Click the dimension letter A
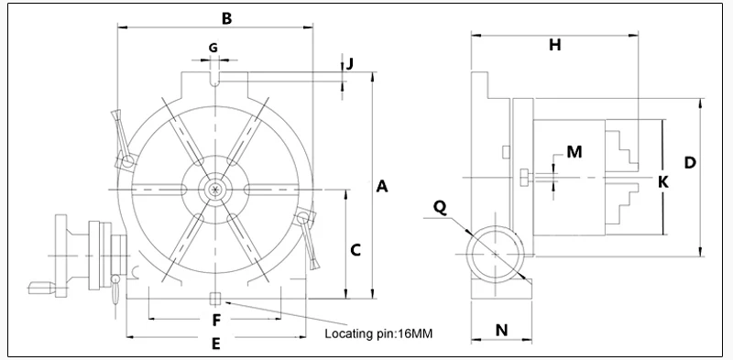pyautogui.click(x=383, y=187)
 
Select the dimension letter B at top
pyautogui.click(x=227, y=17)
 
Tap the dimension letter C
pyautogui.click(x=357, y=248)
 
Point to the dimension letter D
pyautogui.click(x=691, y=162)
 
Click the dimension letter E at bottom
pyautogui.click(x=215, y=344)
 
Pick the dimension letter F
pyautogui.click(x=216, y=321)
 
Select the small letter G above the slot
pyautogui.click(x=213, y=47)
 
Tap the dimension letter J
pyautogui.click(x=350, y=63)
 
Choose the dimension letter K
pyautogui.click(x=663, y=181)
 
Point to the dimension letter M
pyautogui.click(x=574, y=152)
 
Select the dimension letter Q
pyautogui.click(x=440, y=207)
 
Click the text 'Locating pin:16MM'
pyautogui.click(x=377, y=333)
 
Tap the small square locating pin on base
pyautogui.click(x=214, y=298)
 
